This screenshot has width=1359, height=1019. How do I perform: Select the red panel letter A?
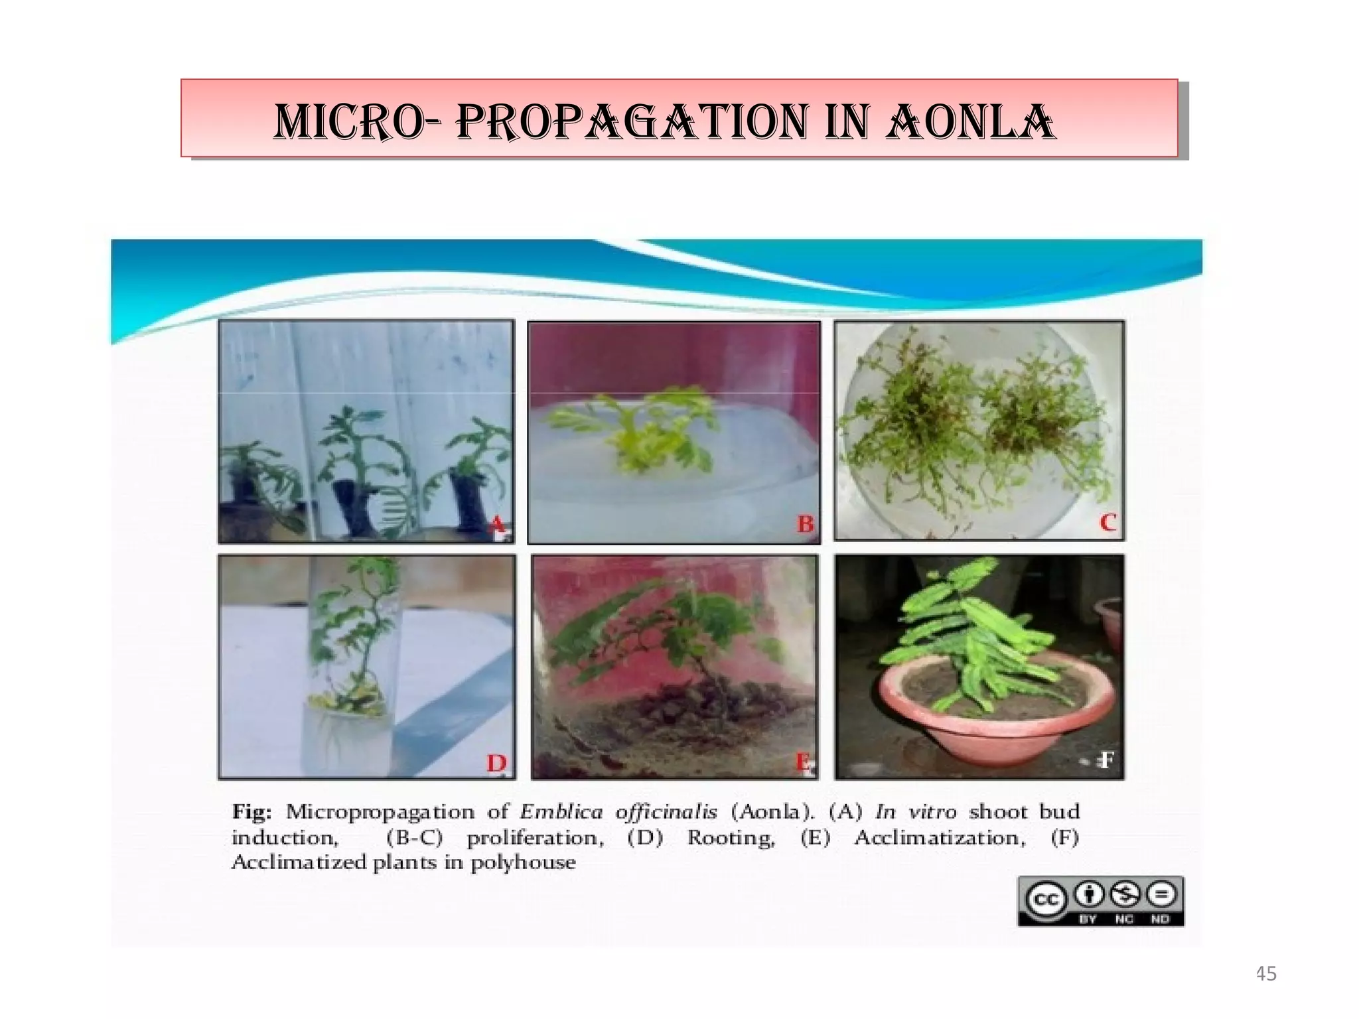point(496,525)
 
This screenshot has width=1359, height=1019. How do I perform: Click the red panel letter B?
point(804,524)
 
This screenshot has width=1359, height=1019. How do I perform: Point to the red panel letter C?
point(1108,523)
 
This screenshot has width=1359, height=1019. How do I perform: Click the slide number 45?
point(1266,974)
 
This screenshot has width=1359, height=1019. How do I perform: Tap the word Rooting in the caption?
point(731,838)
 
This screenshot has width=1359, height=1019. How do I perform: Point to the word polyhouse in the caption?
point(523,863)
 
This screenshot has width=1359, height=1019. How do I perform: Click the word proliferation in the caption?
point(535,838)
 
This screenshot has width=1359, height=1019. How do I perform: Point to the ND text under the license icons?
point(1160,919)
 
